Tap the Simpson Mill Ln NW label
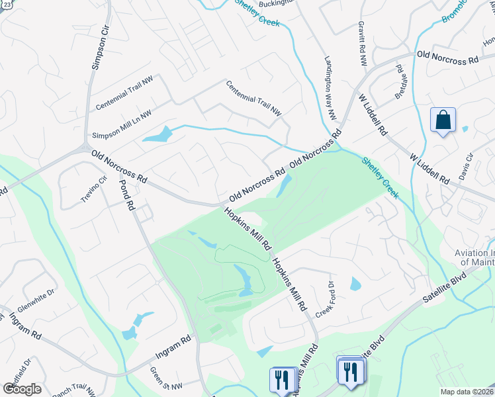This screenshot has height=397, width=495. (122, 124)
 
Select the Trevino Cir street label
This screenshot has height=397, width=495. (93, 189)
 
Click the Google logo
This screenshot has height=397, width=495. (22, 388)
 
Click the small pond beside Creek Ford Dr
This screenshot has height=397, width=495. (355, 285)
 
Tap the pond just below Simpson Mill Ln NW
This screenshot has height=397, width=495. (157, 135)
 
